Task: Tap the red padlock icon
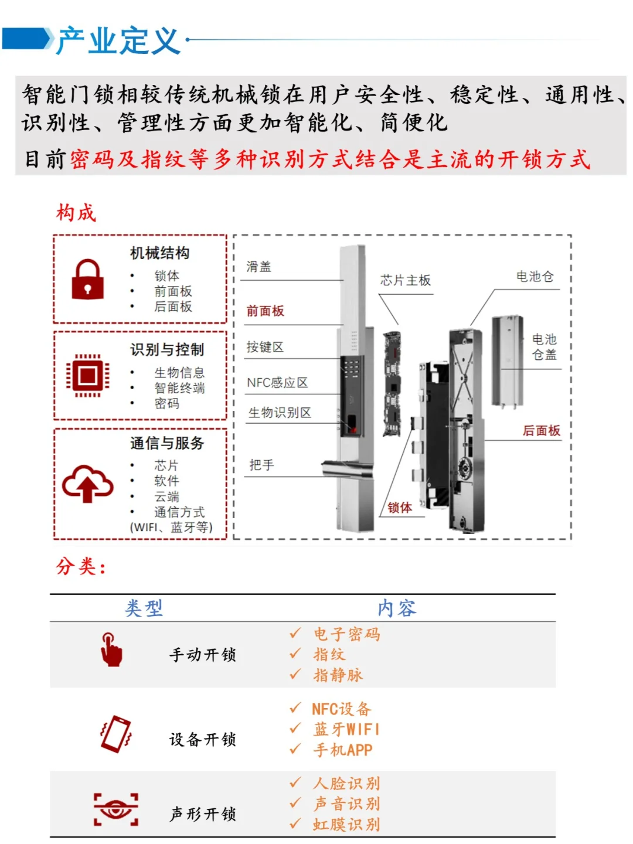point(87,280)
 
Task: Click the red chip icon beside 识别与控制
point(87,375)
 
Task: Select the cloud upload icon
point(87,484)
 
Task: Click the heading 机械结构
point(159,253)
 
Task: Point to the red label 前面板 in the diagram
point(265,311)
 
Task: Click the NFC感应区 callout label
point(277,383)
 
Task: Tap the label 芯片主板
point(405,281)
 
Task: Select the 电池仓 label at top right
point(535,277)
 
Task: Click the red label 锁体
point(400,508)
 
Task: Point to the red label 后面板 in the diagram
point(541,431)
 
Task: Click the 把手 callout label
point(261,465)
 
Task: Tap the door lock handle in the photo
point(347,468)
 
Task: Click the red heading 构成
point(76,213)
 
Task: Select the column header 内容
point(397,608)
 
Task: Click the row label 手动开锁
point(203,655)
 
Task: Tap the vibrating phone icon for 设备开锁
point(116,734)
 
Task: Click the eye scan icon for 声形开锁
point(116,809)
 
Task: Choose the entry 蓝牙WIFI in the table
point(346,730)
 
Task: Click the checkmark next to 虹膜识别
point(295,823)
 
